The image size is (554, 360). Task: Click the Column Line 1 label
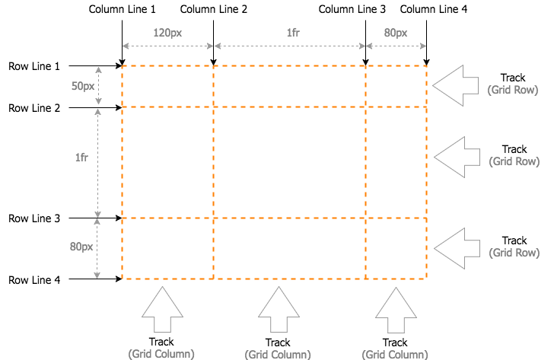tap(122, 9)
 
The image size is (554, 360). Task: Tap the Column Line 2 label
tap(213, 9)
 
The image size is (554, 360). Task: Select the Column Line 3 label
tap(352, 9)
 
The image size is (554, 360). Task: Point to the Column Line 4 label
tap(434, 9)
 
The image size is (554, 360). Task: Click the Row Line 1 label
tap(34, 66)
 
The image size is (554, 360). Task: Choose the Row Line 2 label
tap(34, 108)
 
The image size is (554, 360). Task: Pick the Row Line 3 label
tap(34, 218)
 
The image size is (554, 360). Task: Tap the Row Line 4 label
tap(34, 280)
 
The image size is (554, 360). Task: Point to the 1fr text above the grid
tap(293, 33)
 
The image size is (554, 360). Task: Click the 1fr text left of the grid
tap(81, 158)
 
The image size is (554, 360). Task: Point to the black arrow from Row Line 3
tap(95, 218)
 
